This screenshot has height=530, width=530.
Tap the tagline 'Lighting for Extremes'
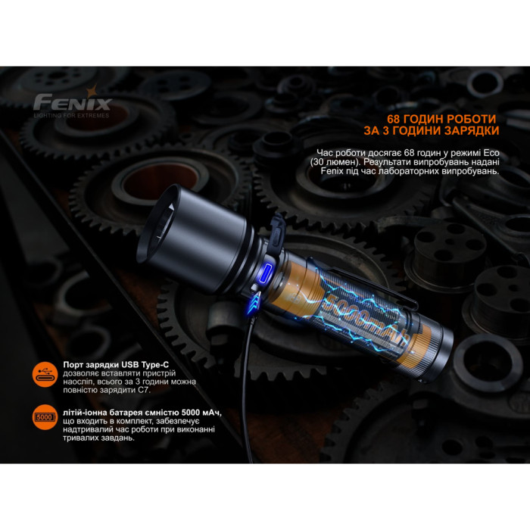[x=71, y=115]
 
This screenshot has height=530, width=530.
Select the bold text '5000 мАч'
[x=200, y=412]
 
